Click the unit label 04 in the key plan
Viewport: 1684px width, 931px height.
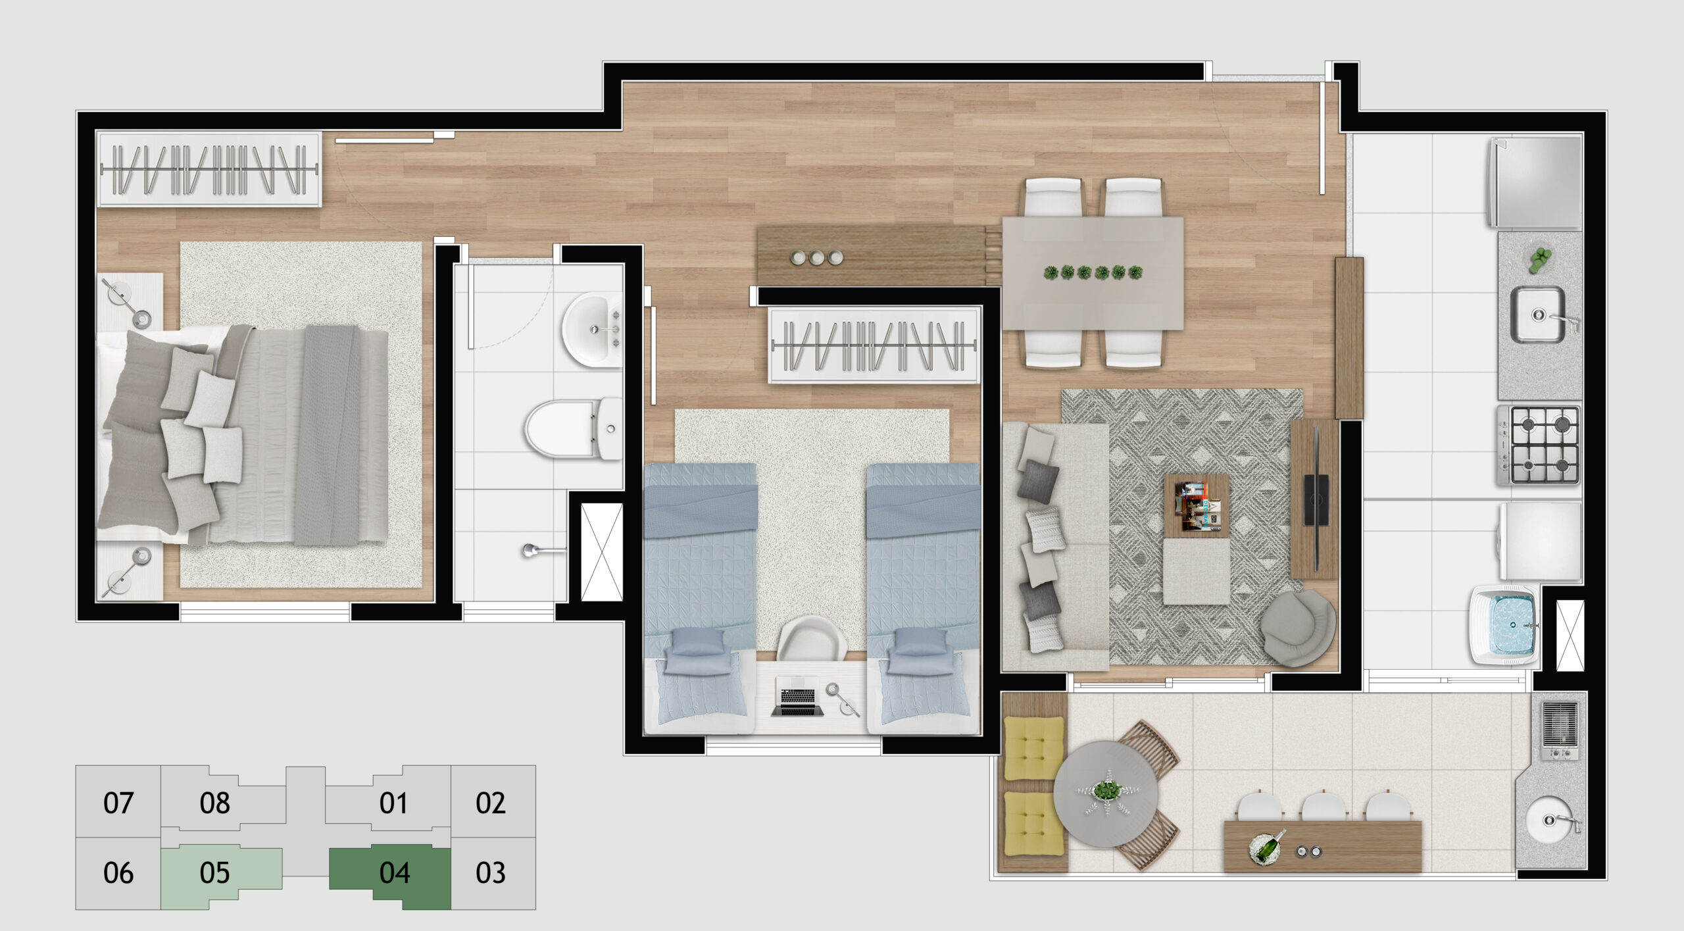[395, 872]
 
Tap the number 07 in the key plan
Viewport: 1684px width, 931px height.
[118, 803]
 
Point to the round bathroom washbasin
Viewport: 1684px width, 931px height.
[591, 330]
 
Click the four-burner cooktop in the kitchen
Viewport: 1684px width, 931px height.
[1539, 445]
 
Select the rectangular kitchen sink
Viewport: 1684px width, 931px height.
[1537, 315]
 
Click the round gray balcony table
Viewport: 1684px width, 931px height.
[1106, 793]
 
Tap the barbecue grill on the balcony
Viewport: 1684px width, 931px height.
[1560, 731]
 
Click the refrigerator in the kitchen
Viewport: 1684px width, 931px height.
[1534, 182]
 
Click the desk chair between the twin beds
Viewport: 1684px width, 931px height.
[812, 638]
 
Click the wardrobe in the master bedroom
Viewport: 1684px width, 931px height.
[209, 170]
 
